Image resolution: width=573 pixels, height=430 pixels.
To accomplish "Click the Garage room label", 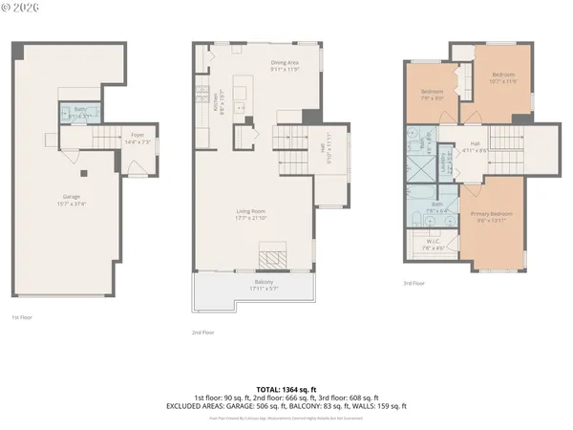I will click(x=72, y=200).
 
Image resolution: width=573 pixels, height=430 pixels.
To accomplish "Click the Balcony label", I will click(x=262, y=284).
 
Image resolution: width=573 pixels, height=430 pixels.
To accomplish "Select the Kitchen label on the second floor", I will click(x=222, y=103).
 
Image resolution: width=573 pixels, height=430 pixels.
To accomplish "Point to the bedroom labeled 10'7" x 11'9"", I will click(x=503, y=77).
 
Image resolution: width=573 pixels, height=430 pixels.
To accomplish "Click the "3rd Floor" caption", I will click(x=414, y=284).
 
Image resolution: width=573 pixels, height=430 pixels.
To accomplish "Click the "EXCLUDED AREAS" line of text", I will click(x=286, y=405).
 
